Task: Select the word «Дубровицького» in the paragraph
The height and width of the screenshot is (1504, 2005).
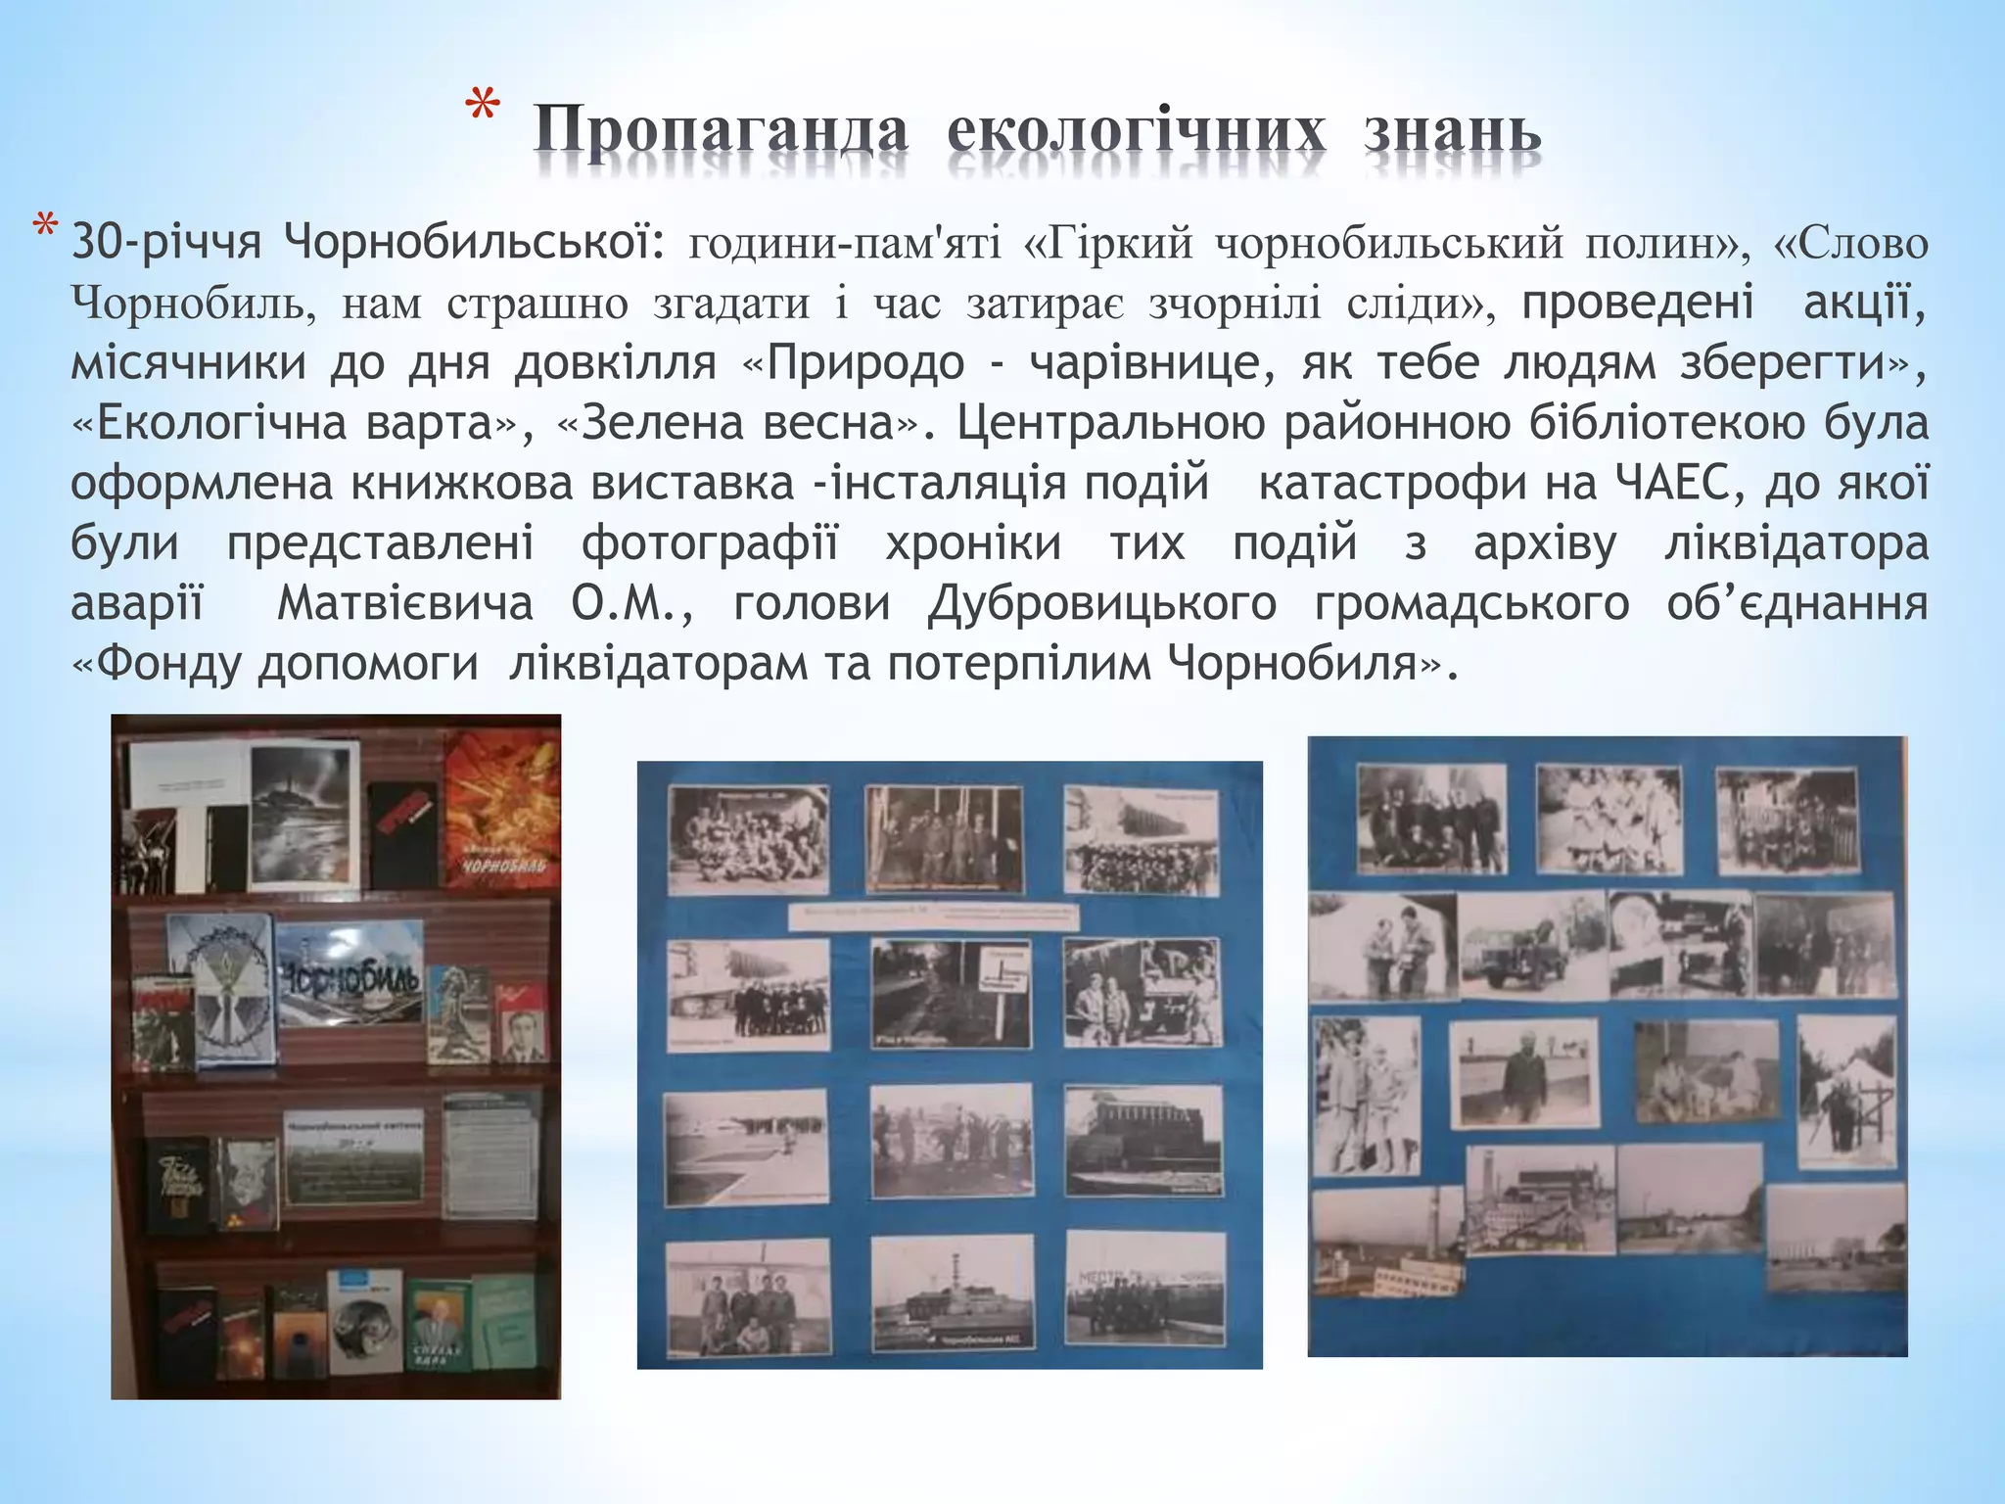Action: pos(1101,604)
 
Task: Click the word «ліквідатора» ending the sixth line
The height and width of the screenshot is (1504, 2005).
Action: pos(1795,544)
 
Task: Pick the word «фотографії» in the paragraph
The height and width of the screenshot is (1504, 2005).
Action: pos(710,544)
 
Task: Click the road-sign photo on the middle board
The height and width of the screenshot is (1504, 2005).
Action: pos(951,993)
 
